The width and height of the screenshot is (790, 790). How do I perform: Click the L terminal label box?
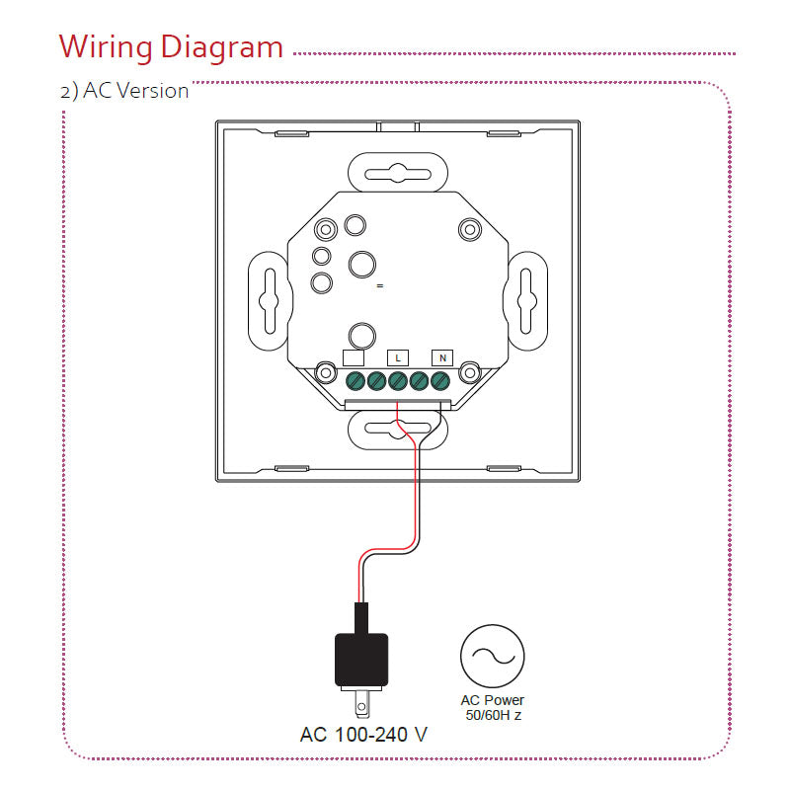(x=398, y=356)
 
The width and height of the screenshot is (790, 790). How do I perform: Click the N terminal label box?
(x=441, y=356)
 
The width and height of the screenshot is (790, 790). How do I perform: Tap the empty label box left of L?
(x=354, y=357)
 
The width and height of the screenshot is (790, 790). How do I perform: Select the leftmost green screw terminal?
(x=355, y=380)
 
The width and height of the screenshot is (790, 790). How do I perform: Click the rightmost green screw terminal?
(x=440, y=380)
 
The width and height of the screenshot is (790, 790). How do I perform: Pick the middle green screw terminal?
(x=398, y=380)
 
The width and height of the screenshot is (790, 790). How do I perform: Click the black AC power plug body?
(x=361, y=660)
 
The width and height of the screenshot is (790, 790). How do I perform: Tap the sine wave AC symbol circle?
(x=492, y=655)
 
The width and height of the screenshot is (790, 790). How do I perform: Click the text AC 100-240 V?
(x=363, y=735)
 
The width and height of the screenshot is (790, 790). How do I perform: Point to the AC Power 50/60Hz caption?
(x=492, y=707)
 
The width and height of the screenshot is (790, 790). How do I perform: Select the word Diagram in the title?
(x=222, y=46)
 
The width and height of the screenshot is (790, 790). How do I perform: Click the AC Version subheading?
(x=124, y=91)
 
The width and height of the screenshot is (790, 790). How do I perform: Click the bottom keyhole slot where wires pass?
(x=398, y=427)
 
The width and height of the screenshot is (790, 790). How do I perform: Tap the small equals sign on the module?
(x=378, y=285)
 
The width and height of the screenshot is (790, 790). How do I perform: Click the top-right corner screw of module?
(x=468, y=228)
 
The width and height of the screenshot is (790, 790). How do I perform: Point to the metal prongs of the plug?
(x=362, y=704)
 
